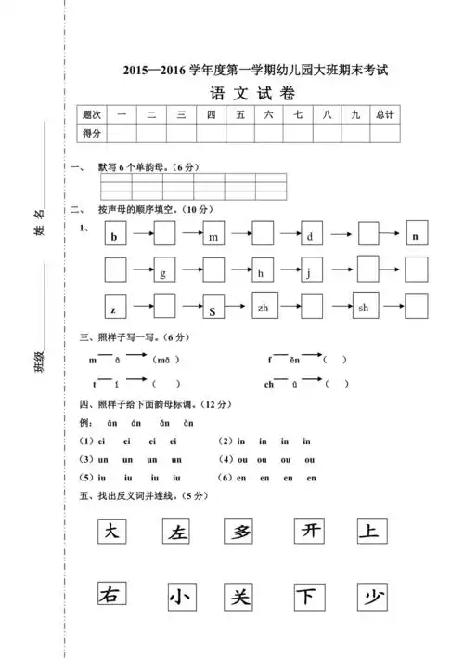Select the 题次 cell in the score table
[x=91, y=114]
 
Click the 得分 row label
[x=91, y=133]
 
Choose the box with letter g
[x=164, y=270]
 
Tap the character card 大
[x=112, y=532]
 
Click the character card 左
[x=176, y=532]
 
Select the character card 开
[x=307, y=532]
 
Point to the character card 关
[x=241, y=596]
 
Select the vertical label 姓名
[x=39, y=221]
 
